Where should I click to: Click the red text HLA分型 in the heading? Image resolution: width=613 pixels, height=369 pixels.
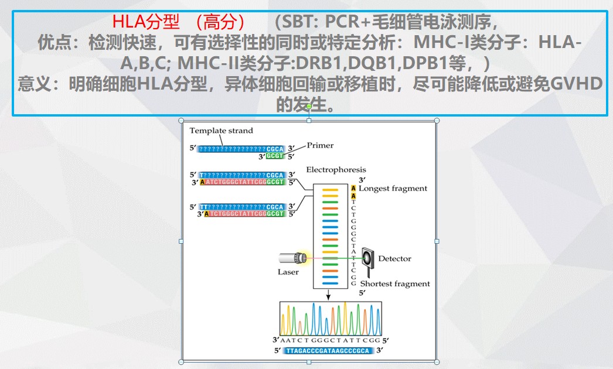click(145, 22)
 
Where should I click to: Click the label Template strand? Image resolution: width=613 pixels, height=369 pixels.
click(221, 131)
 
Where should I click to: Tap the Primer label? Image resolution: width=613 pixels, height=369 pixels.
click(320, 146)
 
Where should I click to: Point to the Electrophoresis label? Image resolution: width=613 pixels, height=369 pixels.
click(336, 170)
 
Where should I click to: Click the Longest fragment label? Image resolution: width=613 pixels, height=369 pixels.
click(393, 189)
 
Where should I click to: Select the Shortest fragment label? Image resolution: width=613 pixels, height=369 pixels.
click(394, 284)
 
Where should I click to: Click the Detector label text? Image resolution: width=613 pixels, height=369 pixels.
click(394, 258)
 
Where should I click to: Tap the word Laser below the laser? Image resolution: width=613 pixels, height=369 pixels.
click(288, 272)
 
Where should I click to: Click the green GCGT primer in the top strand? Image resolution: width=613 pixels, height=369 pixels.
click(275, 156)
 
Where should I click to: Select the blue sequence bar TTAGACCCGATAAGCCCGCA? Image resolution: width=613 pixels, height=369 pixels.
click(328, 351)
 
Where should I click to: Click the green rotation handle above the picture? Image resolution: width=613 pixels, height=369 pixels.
click(309, 107)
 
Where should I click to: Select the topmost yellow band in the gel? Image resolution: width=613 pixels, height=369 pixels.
click(330, 191)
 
